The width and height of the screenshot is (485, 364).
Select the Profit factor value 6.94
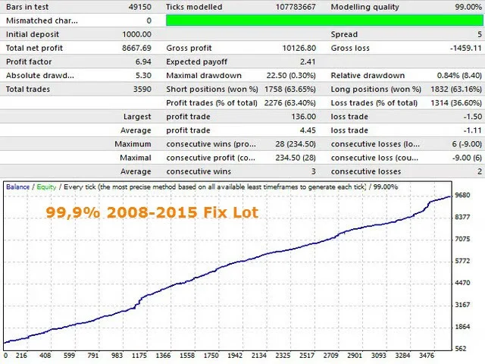pyautogui.click(x=142, y=62)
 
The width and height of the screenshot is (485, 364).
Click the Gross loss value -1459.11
pyautogui.click(x=456, y=49)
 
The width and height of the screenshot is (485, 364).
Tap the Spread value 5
pyautogui.click(x=479, y=35)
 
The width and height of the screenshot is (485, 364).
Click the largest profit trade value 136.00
pyautogui.click(x=303, y=117)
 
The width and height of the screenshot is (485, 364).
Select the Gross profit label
pyautogui.click(x=189, y=49)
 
